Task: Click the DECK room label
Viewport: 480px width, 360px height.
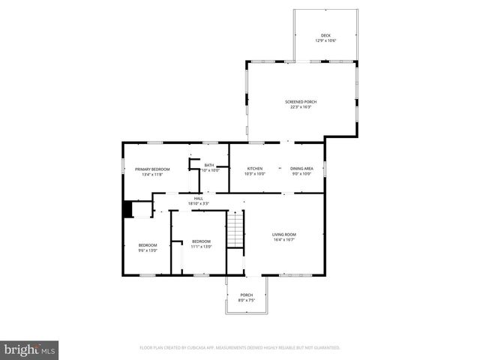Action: click(325, 35)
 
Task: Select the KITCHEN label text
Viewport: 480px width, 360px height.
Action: click(255, 169)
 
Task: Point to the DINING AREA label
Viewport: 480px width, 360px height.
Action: click(301, 169)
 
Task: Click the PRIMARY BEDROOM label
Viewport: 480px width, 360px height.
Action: click(152, 169)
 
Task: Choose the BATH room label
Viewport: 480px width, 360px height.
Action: click(209, 165)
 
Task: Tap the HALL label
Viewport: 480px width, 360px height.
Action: click(199, 198)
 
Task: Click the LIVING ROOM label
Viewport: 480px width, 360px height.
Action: click(283, 235)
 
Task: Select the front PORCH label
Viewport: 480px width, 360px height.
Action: click(246, 295)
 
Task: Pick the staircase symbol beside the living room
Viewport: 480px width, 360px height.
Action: click(236, 229)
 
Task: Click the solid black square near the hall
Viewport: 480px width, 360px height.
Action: click(127, 208)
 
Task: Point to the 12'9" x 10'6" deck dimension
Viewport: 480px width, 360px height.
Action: click(325, 40)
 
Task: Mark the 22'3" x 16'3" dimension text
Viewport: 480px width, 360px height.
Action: click(300, 107)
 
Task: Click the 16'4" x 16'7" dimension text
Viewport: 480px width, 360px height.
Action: click(283, 240)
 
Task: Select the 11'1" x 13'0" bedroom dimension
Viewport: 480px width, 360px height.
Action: click(201, 246)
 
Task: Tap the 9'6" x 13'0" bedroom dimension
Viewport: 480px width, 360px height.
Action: click(148, 250)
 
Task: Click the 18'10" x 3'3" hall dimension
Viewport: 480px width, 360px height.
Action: click(198, 203)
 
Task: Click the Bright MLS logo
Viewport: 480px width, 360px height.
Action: click(29, 349)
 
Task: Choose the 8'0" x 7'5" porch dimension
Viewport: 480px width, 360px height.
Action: click(247, 300)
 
